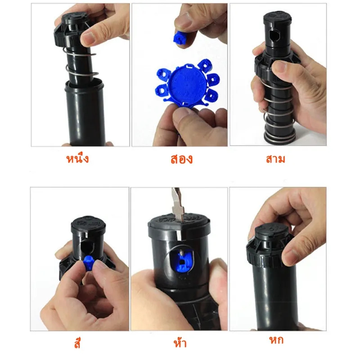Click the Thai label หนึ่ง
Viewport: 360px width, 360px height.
click(x=77, y=158)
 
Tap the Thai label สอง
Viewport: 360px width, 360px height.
click(x=181, y=159)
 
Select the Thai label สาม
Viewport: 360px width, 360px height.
click(x=275, y=159)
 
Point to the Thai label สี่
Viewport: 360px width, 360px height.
click(x=77, y=343)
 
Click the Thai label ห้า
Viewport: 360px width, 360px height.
click(x=180, y=342)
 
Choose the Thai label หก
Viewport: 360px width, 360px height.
click(x=276, y=340)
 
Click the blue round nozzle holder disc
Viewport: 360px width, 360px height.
click(x=187, y=85)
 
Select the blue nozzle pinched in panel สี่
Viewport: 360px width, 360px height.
click(x=89, y=263)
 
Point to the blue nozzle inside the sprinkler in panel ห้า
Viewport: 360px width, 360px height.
click(x=184, y=260)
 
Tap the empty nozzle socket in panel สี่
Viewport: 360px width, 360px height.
click(x=88, y=247)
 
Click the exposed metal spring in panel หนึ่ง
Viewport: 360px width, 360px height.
click(x=81, y=64)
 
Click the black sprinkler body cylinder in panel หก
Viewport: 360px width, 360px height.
click(x=275, y=298)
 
